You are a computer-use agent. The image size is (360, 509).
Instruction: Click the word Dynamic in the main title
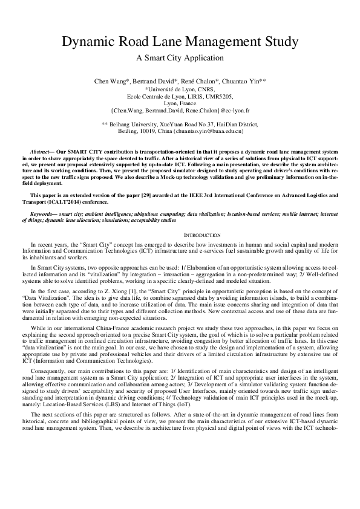point(89,42)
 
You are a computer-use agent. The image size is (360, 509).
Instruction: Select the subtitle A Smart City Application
point(180,58)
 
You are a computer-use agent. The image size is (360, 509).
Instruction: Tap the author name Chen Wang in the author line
point(110,80)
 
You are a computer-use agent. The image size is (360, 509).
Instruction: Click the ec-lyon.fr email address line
point(180,111)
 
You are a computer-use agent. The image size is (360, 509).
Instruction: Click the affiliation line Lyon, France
point(180,103)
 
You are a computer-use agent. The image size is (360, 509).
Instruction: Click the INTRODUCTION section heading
point(180,235)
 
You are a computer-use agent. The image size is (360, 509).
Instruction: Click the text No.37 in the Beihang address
point(212,123)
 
